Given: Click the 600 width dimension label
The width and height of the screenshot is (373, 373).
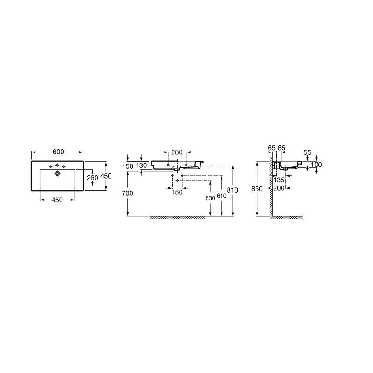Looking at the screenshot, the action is click(x=58, y=152).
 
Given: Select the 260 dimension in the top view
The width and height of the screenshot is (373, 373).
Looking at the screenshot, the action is click(x=92, y=178).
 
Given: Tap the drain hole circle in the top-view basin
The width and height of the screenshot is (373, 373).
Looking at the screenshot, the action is click(x=57, y=173).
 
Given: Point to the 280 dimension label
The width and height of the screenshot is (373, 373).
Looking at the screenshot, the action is click(x=177, y=152).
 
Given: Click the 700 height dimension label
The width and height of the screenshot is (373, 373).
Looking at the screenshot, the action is click(x=127, y=193).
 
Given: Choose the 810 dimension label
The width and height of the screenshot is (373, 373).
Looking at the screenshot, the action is click(x=232, y=190).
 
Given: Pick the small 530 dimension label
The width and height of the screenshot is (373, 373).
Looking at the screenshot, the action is click(x=210, y=198).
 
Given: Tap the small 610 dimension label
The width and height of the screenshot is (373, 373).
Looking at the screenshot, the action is click(x=221, y=196).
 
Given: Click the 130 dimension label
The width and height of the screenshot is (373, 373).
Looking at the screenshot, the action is click(x=141, y=166).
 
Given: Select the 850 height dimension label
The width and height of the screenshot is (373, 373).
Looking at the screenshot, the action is click(x=257, y=189).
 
